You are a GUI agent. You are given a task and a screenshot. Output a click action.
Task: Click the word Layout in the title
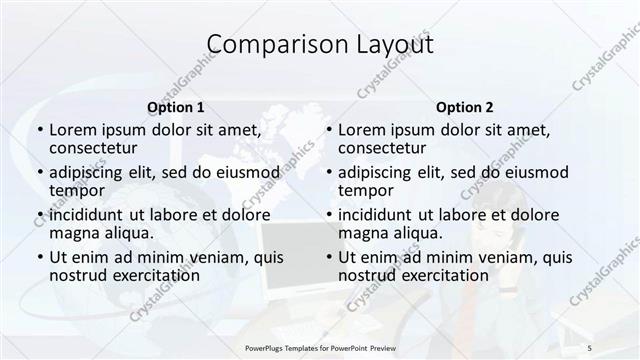[x=391, y=45]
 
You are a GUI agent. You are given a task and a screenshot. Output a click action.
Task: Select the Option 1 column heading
[x=176, y=107]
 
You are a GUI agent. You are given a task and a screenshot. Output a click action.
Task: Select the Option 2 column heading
[x=464, y=107]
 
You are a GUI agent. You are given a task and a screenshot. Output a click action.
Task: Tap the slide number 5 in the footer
[x=590, y=347]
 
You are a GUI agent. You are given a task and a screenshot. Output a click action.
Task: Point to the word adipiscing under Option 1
[x=93, y=171]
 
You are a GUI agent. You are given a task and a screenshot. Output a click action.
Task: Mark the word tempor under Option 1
[x=77, y=190]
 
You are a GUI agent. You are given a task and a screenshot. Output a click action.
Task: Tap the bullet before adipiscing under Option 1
[x=40, y=171]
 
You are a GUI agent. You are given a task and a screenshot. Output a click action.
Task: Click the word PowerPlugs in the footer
[x=263, y=347]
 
